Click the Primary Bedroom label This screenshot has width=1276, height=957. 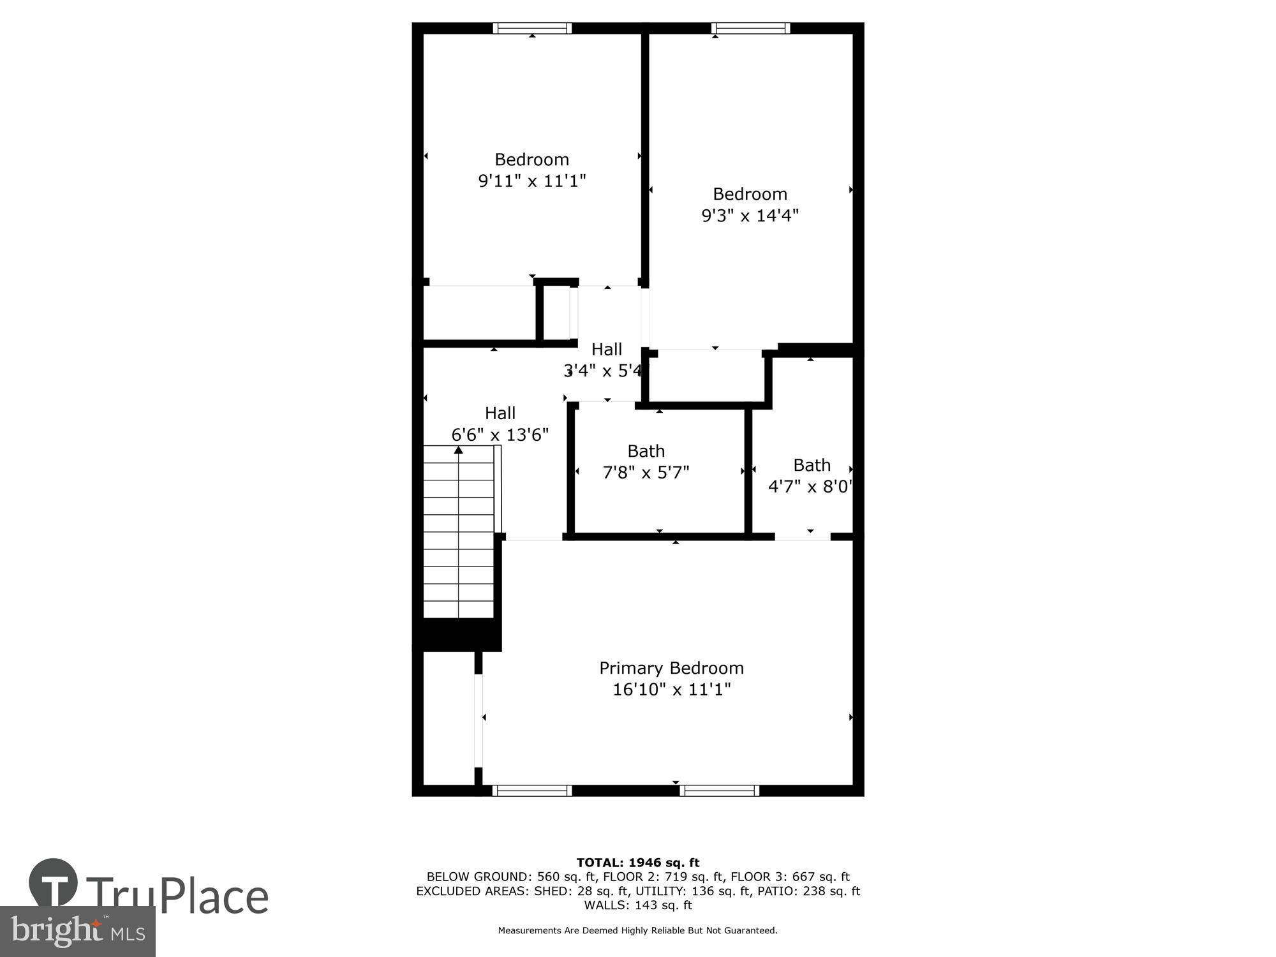pyautogui.click(x=671, y=668)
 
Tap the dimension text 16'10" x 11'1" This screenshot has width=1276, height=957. pyautogui.click(x=671, y=690)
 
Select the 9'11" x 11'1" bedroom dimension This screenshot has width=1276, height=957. pyautogui.click(x=532, y=181)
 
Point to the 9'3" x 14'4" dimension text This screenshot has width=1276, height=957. pyautogui.click(x=750, y=216)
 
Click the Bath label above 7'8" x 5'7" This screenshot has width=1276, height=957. pyautogui.click(x=646, y=451)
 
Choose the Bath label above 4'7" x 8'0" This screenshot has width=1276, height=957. pyautogui.click(x=812, y=465)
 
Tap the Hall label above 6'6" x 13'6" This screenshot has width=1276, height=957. pyautogui.click(x=500, y=413)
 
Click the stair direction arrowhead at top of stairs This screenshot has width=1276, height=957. pyautogui.click(x=458, y=450)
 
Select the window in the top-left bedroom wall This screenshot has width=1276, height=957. pyautogui.click(x=532, y=28)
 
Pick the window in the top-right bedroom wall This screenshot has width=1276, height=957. pyautogui.click(x=750, y=28)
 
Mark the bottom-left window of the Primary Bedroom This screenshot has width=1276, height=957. pyautogui.click(x=532, y=790)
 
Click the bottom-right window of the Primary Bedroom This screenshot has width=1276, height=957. pyautogui.click(x=719, y=790)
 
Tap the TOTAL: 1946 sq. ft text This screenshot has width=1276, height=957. pyautogui.click(x=638, y=863)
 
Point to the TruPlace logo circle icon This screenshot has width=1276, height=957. pyautogui.click(x=53, y=883)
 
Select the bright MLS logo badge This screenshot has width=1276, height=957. pyautogui.click(x=77, y=931)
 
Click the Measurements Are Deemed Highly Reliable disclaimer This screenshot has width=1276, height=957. pyautogui.click(x=638, y=931)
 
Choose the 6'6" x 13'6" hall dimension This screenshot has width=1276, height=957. pyautogui.click(x=500, y=435)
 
